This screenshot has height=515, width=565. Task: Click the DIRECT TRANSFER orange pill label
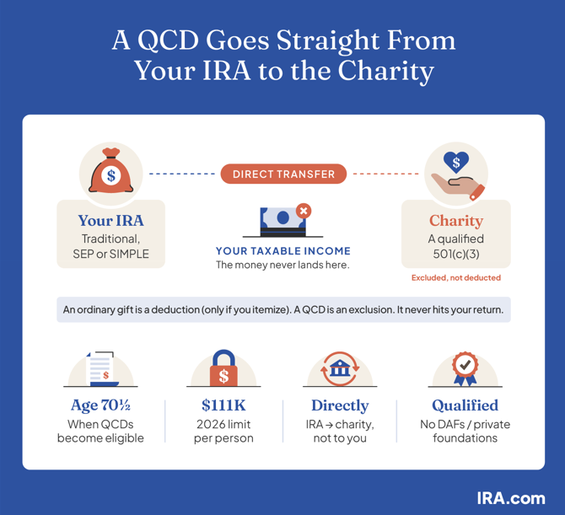[x=283, y=174]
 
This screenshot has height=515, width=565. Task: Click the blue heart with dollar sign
[x=456, y=162]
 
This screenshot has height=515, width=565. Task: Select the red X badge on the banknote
[x=304, y=211]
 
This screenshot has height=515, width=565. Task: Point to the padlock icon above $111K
[x=223, y=367]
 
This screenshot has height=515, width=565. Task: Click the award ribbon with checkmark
[x=465, y=369]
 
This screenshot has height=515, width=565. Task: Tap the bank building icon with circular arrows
[x=340, y=368]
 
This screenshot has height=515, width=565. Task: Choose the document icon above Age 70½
[x=102, y=369]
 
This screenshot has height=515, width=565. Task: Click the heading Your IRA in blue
[x=111, y=221]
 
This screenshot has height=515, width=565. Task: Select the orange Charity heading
[x=456, y=221]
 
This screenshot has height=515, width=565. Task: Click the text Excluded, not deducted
[x=456, y=277]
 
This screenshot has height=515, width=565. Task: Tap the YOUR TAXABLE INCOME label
[x=283, y=251]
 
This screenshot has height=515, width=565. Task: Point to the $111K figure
[x=223, y=405]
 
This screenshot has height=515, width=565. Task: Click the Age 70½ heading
[x=100, y=406]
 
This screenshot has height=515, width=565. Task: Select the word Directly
[x=340, y=406]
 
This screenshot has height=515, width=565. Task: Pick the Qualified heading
[x=465, y=406]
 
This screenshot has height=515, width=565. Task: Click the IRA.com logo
[x=511, y=498]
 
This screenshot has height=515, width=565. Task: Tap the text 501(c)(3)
[x=456, y=254]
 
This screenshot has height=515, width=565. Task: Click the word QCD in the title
[x=168, y=40]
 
